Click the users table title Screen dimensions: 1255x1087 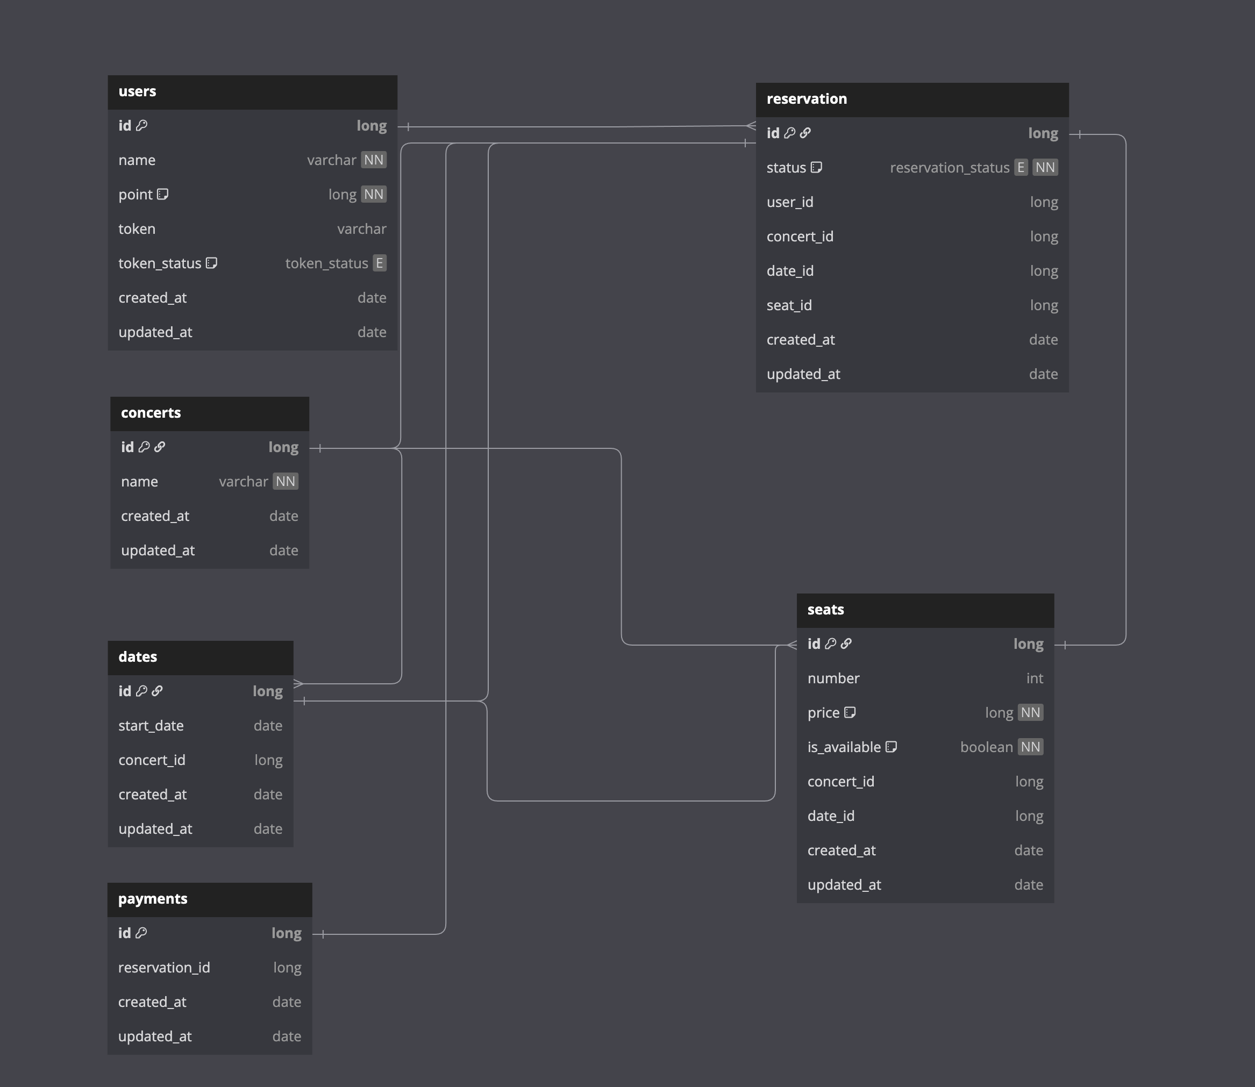137,91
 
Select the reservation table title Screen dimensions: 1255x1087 806,99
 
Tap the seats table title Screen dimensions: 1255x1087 825,610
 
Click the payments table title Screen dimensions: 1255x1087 152,899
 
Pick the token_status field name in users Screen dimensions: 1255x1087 160,263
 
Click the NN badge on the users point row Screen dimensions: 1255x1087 374,194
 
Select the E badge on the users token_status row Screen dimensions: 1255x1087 380,263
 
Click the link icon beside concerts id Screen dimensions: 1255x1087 160,447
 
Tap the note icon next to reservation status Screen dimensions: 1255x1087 816,167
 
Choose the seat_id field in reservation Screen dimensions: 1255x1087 789,305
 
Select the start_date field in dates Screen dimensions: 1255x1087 151,726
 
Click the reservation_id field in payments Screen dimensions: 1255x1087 164,968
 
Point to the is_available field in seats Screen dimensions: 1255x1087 844,747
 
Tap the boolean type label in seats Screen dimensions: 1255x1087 986,747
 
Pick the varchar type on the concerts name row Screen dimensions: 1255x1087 243,482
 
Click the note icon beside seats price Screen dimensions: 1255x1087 850,712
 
